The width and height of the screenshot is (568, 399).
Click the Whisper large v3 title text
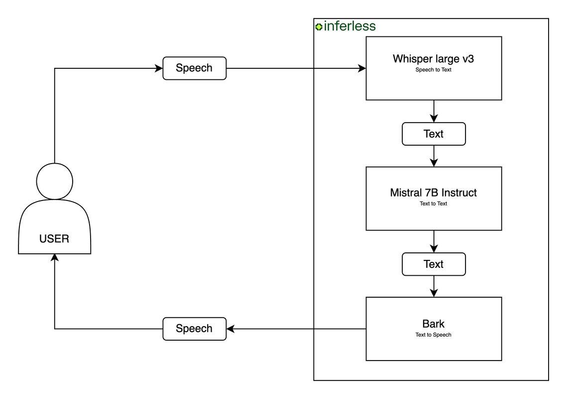(x=433, y=59)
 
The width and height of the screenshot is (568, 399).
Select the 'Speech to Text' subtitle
(x=433, y=70)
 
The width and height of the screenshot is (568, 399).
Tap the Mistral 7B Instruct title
(x=433, y=193)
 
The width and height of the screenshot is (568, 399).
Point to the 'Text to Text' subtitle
(x=433, y=203)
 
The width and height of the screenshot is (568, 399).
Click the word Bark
(x=433, y=324)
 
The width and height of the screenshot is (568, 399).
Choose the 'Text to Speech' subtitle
(x=433, y=335)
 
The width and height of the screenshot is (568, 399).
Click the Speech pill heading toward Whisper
(x=194, y=68)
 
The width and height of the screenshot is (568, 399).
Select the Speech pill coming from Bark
(x=194, y=329)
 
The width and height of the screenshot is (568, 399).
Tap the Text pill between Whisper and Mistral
(x=433, y=134)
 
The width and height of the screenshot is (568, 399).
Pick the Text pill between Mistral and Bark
(x=433, y=264)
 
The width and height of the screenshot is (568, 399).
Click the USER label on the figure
(x=54, y=239)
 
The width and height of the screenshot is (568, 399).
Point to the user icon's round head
(x=55, y=181)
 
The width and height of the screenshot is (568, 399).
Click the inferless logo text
(x=349, y=26)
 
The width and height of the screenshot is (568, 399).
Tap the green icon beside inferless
(x=319, y=26)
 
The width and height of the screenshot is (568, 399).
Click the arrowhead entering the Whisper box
(x=362, y=68)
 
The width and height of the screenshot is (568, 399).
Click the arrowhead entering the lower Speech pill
(x=230, y=329)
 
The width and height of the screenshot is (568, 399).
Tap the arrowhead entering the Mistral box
(x=434, y=163)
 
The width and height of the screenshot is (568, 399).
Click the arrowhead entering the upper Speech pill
(x=159, y=68)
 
